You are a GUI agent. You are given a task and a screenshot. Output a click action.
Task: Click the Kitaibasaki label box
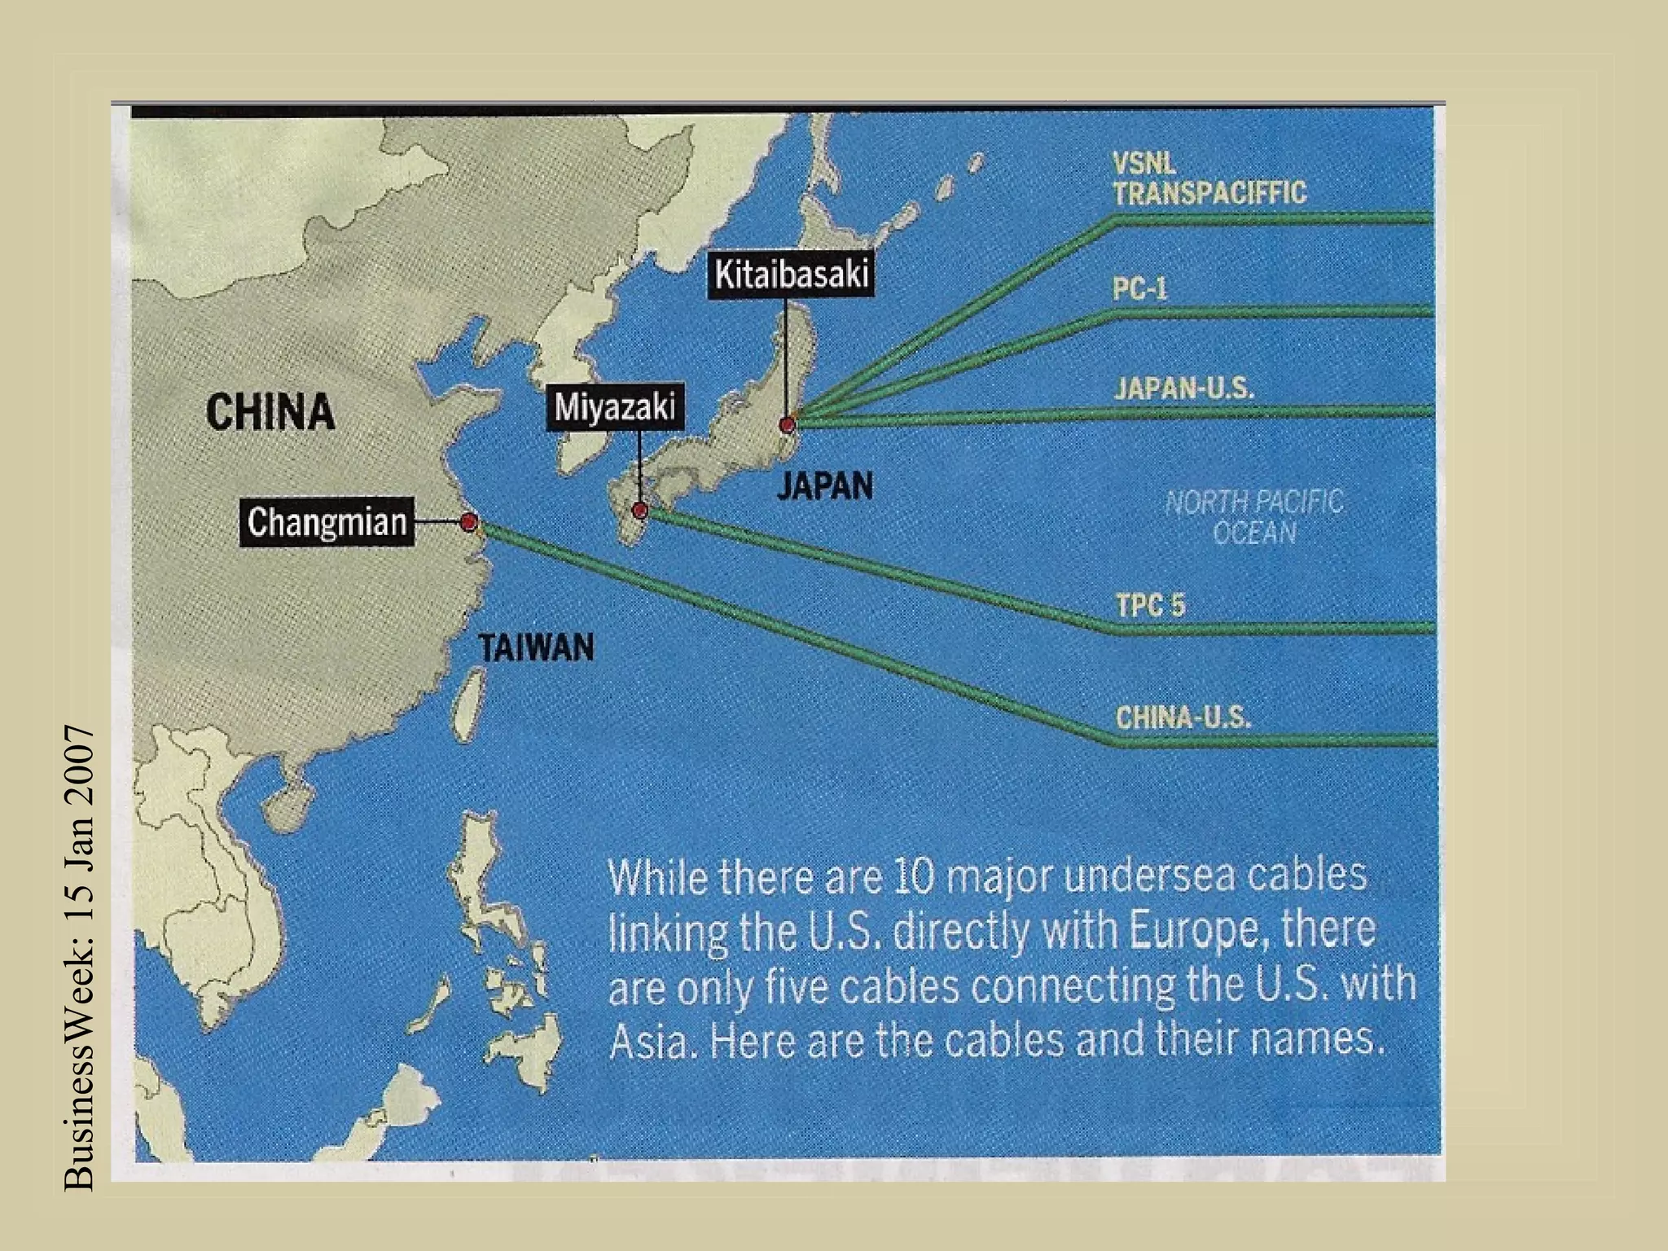pyautogui.click(x=792, y=275)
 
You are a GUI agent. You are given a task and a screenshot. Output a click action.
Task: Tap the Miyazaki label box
pyautogui.click(x=615, y=406)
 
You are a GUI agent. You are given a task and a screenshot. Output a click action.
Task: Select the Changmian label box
pyautogui.click(x=327, y=522)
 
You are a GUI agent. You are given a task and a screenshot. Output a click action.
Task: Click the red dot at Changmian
pyautogui.click(x=468, y=522)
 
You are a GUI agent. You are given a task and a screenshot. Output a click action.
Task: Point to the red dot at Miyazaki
pyautogui.click(x=640, y=511)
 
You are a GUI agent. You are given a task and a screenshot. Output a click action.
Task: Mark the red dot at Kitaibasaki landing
pyautogui.click(x=787, y=424)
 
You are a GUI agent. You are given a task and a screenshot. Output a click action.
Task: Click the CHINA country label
pyautogui.click(x=270, y=411)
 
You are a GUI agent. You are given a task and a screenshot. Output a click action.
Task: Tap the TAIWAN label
pyautogui.click(x=537, y=648)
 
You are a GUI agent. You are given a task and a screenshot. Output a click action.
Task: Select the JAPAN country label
pyautogui.click(x=824, y=486)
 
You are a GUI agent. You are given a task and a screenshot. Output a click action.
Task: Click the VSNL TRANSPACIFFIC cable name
pyautogui.click(x=1209, y=179)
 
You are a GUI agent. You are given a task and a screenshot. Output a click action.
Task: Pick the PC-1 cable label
pyautogui.click(x=1140, y=290)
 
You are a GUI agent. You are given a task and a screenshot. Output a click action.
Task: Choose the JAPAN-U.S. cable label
pyautogui.click(x=1184, y=388)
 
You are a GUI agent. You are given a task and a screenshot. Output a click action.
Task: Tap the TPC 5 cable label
pyautogui.click(x=1150, y=605)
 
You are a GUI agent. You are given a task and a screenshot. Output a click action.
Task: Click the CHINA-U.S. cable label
pyautogui.click(x=1183, y=718)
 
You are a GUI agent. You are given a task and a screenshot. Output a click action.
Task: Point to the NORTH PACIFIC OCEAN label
pyautogui.click(x=1254, y=517)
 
